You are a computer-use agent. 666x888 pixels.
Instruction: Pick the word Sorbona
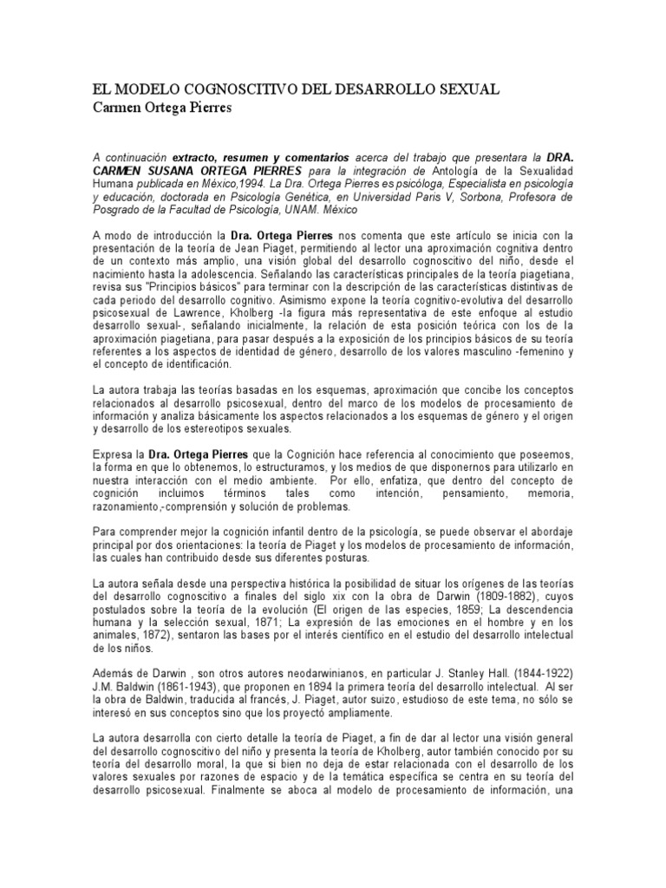click(467, 197)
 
